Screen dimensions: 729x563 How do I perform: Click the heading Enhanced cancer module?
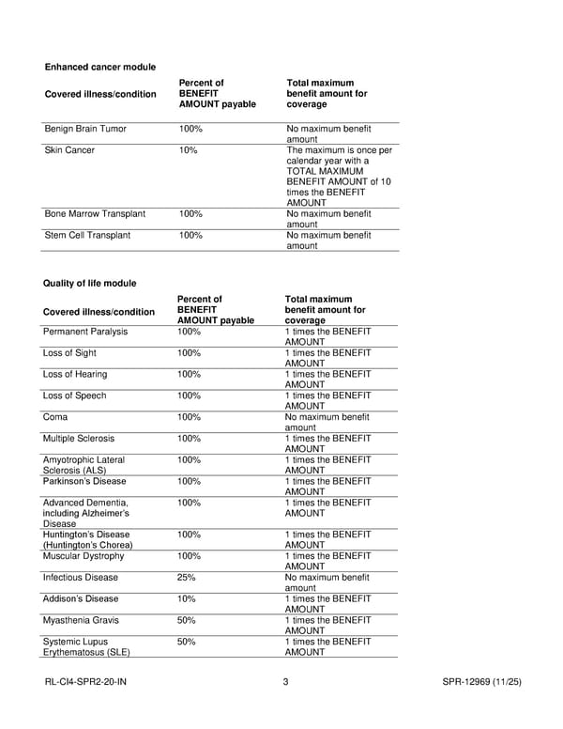100,67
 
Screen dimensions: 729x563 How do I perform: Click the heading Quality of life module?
90,283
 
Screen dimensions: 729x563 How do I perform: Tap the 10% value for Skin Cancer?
189,150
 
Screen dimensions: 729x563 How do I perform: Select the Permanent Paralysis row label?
85,332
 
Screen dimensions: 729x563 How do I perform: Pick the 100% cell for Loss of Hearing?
190,375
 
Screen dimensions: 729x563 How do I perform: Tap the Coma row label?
55,417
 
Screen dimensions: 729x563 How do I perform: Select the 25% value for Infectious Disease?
187,578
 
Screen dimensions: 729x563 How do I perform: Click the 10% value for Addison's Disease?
187,598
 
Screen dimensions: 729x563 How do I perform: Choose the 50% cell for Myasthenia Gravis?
187,620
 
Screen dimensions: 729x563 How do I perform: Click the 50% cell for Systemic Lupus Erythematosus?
187,642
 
